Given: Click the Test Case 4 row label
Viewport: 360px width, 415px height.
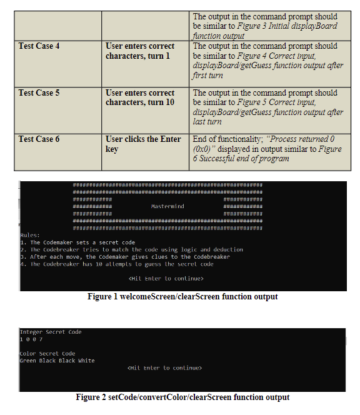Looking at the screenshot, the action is (x=39, y=46).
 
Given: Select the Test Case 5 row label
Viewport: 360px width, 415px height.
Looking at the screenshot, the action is (x=39, y=93).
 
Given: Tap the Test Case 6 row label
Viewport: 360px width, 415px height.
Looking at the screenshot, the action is (x=39, y=139).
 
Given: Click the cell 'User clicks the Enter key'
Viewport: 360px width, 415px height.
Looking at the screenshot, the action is (x=143, y=144).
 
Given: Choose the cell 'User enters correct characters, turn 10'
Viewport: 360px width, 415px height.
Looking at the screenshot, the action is (x=140, y=97).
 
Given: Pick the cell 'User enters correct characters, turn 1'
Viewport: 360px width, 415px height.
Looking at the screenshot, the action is (x=140, y=51).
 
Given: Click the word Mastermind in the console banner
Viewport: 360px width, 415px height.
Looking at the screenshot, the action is (x=167, y=206).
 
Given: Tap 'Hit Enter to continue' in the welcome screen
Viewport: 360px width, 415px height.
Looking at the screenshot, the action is (x=166, y=278).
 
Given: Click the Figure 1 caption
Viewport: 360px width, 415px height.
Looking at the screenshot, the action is (x=182, y=297).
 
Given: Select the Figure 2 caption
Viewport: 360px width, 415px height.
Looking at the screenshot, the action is (x=182, y=397).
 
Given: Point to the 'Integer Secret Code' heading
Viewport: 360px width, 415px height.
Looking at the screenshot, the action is (x=51, y=332).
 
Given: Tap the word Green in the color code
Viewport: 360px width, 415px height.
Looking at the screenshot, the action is (x=28, y=361).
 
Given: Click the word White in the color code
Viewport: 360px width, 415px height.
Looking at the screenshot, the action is (x=86, y=361).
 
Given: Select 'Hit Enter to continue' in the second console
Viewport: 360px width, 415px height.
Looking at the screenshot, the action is (x=164, y=368).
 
